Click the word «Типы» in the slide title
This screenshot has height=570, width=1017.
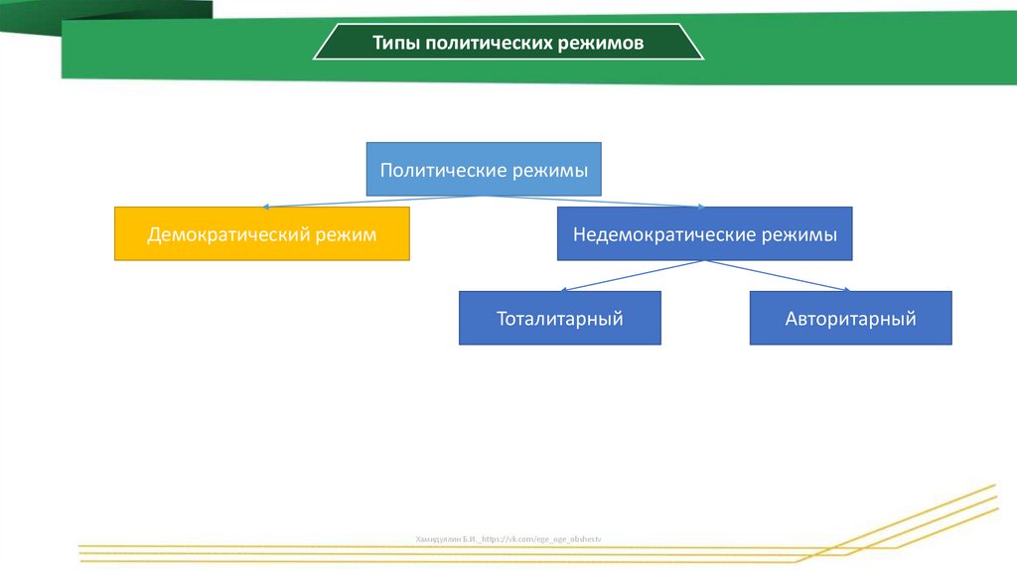click(x=395, y=44)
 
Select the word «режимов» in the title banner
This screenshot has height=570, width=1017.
click(x=607, y=44)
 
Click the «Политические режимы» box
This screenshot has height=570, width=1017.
click(x=484, y=170)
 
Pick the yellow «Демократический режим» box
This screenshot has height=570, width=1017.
click(x=262, y=234)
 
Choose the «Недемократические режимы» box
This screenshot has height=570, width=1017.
click(x=704, y=234)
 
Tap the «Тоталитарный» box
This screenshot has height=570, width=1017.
click(x=559, y=318)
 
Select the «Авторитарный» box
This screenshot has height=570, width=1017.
click(x=850, y=318)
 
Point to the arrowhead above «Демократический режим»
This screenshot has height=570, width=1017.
click(x=267, y=207)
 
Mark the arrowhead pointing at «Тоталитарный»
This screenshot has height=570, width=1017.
click(x=563, y=290)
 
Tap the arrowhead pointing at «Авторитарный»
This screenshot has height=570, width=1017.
click(x=845, y=290)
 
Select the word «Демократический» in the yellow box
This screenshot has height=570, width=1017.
click(x=227, y=235)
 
